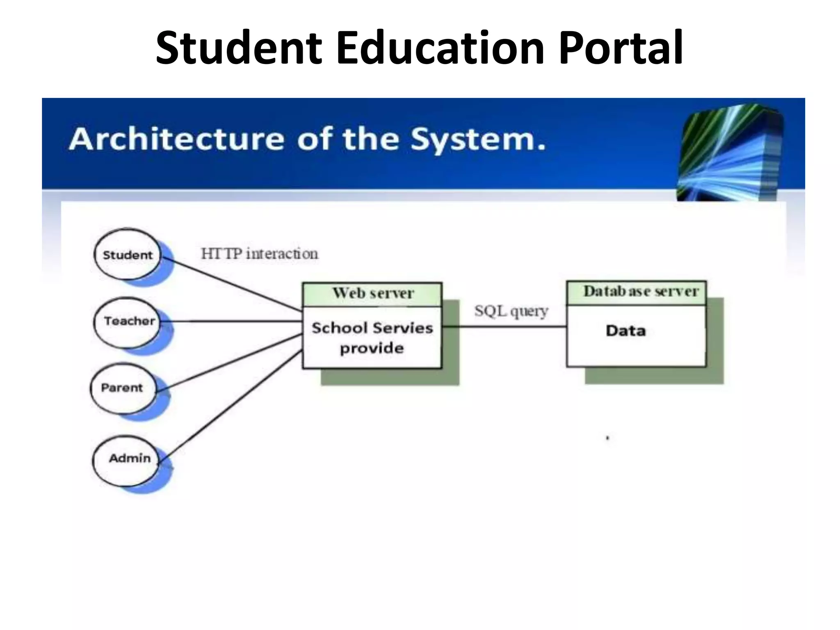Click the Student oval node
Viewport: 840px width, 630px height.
127,255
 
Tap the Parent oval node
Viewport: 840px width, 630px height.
122,388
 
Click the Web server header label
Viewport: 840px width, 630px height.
372,293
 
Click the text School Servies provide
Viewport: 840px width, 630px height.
372,338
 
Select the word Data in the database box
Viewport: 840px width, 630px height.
625,331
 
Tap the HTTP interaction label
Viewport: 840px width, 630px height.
259,254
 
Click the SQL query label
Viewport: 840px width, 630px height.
511,311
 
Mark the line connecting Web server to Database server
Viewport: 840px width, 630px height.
504,327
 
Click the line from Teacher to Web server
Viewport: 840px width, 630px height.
232,321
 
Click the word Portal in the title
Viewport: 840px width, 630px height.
621,48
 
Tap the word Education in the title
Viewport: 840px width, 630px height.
440,48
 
